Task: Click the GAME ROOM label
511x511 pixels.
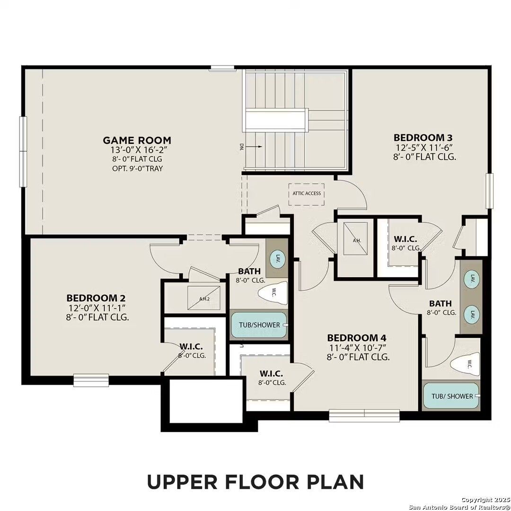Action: click(137, 140)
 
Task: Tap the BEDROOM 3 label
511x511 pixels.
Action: click(423, 137)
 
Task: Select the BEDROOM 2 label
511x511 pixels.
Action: click(96, 298)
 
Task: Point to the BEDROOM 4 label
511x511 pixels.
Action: click(357, 338)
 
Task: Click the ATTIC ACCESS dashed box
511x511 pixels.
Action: click(306, 194)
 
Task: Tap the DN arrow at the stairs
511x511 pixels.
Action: click(254, 147)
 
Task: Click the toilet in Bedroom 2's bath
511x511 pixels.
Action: click(273, 293)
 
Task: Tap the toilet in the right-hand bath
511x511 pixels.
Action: click(466, 364)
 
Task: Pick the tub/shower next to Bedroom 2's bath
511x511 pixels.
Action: click(259, 325)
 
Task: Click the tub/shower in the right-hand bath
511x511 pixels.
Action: click(452, 396)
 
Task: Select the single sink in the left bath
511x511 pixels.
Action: click(278, 259)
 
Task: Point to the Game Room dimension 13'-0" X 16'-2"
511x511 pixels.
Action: click(137, 150)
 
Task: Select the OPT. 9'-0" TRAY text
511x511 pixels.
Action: click(137, 168)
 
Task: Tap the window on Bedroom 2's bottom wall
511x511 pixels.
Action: click(91, 380)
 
